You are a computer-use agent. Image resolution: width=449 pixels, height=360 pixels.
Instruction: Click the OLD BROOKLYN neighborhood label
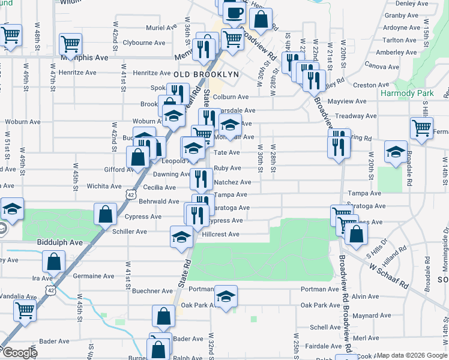206,74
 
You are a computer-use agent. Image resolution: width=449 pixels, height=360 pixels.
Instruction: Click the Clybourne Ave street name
143,43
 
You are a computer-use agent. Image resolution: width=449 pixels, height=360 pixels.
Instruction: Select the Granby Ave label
396,15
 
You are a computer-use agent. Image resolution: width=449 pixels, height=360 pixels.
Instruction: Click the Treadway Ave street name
356,116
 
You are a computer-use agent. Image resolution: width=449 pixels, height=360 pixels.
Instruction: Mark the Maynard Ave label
372,315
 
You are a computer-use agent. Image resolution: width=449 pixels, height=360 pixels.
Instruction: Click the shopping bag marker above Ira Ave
53,260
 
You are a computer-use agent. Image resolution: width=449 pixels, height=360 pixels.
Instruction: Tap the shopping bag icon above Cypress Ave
105,213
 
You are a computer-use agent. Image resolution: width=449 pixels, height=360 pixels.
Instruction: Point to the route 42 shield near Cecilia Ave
131,194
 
